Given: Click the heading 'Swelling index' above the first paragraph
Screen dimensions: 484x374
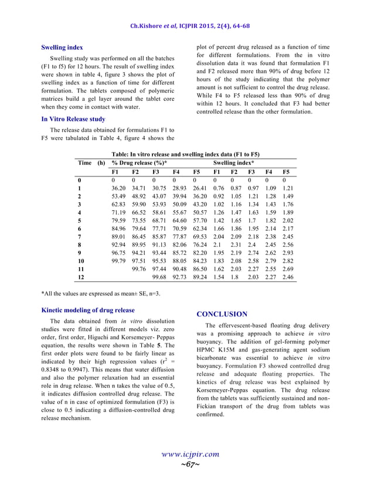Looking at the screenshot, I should (x=62, y=47).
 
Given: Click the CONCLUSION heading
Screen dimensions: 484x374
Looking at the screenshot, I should (x=222, y=314).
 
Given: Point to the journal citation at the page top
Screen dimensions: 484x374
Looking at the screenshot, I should (x=186, y=26).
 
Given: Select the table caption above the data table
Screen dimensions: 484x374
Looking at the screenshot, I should (x=186, y=154).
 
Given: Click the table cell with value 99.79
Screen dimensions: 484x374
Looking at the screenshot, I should (x=119, y=259).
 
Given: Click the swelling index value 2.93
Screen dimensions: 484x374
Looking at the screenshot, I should (x=288, y=251).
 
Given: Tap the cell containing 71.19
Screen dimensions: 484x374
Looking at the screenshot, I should (x=119, y=214).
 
